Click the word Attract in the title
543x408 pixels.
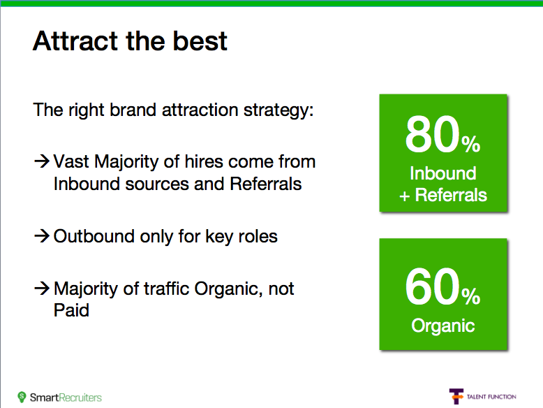(75, 41)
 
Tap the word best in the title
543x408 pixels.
(200, 41)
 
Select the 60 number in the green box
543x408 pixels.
(432, 286)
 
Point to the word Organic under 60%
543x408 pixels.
(443, 326)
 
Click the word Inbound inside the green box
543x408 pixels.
(443, 173)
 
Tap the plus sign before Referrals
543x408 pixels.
(405, 196)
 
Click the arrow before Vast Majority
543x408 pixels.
(43, 161)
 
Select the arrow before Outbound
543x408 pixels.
(43, 235)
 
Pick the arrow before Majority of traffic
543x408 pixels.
(43, 288)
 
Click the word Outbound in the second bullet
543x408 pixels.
(94, 236)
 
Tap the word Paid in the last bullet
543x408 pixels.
(71, 310)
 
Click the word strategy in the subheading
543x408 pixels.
(278, 110)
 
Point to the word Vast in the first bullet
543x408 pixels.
(71, 161)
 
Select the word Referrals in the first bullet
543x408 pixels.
(266, 184)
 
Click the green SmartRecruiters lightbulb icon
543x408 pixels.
(22, 397)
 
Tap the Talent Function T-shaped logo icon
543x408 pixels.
(456, 396)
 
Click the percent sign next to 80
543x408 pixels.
(471, 144)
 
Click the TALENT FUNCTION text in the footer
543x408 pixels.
(491, 397)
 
